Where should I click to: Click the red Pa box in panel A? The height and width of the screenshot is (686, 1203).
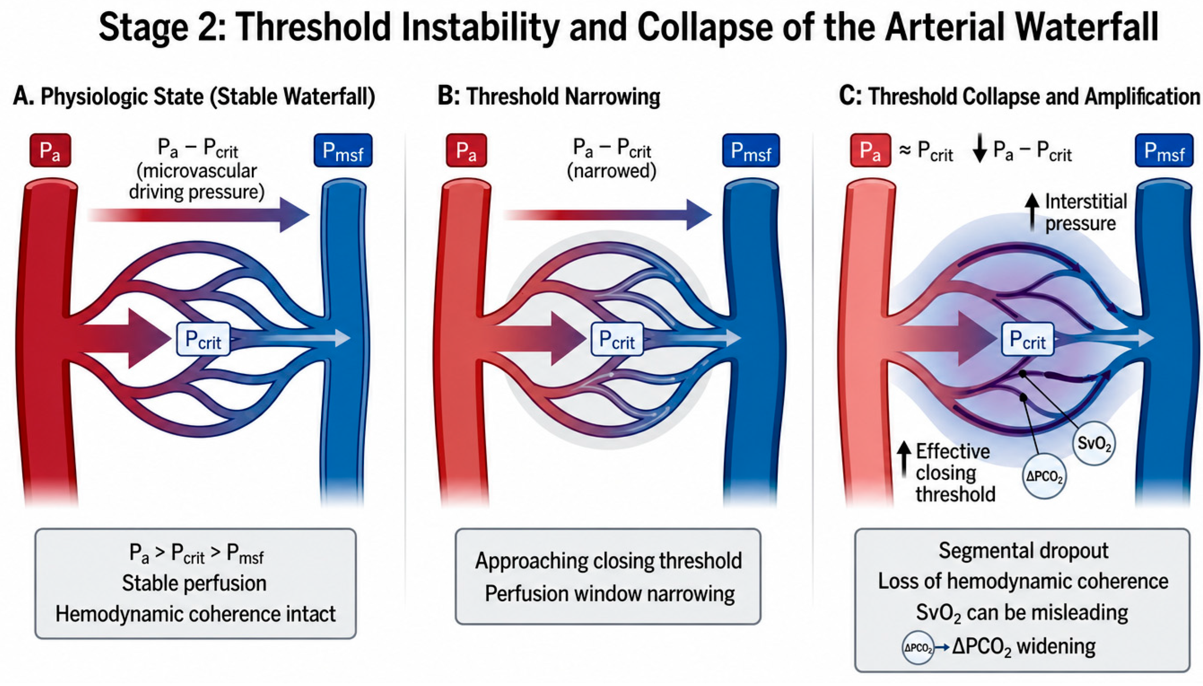(50, 150)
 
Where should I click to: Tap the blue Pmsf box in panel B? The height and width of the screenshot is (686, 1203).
(750, 150)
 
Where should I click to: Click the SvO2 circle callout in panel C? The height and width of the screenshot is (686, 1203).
(1094, 443)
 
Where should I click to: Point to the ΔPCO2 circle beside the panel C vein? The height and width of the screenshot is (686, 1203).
(1044, 477)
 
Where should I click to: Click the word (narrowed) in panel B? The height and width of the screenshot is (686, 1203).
(611, 171)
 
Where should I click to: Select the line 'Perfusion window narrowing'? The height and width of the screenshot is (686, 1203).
(610, 594)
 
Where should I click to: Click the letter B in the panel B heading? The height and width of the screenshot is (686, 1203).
(447, 96)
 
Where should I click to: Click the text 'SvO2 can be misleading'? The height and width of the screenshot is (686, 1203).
(1022, 613)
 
